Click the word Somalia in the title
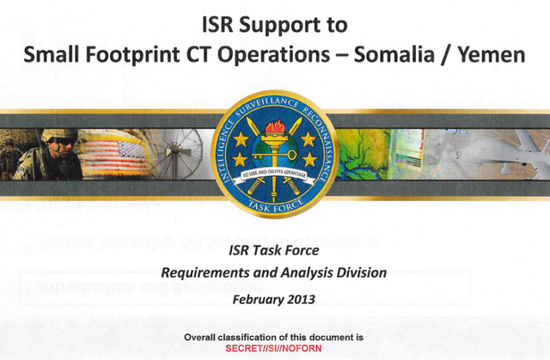tap(394, 55)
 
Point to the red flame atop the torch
tap(275, 127)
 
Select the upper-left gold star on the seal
tap(241, 139)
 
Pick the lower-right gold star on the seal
tap(309, 160)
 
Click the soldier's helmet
tap(59, 135)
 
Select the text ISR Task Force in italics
tap(274, 251)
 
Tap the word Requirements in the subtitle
tap(205, 273)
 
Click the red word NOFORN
tap(302, 349)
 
